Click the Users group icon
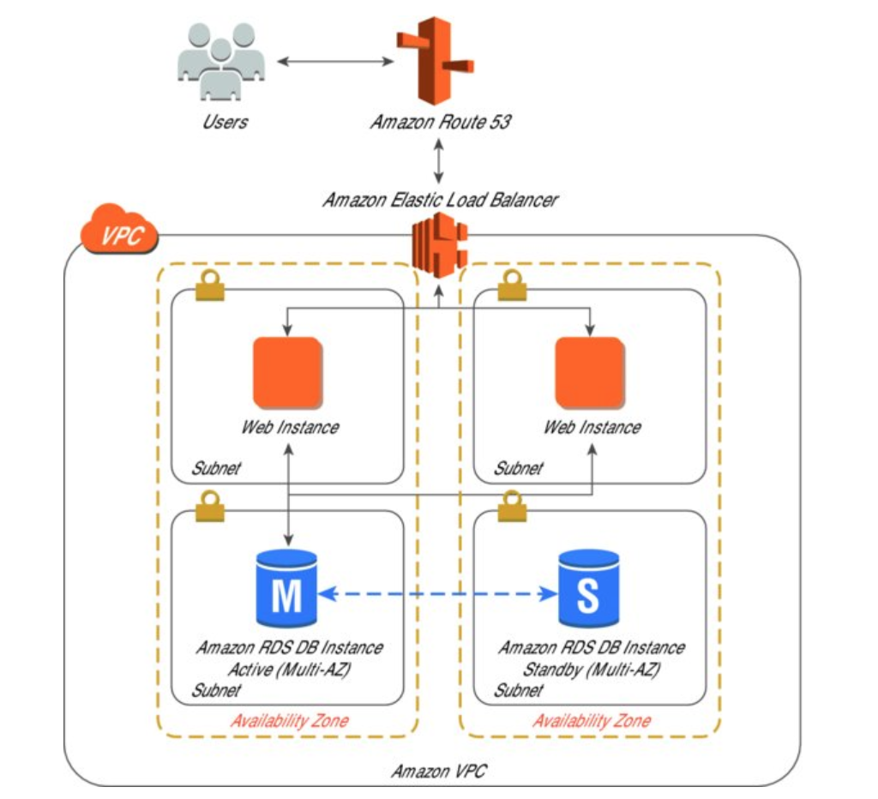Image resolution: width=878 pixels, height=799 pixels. click(220, 62)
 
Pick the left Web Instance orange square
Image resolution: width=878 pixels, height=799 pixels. click(287, 372)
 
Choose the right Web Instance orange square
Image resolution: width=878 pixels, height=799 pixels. click(589, 372)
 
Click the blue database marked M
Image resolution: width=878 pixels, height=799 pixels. click(286, 589)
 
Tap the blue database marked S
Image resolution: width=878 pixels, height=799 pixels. click(588, 589)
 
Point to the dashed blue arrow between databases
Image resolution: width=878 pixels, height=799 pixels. click(437, 592)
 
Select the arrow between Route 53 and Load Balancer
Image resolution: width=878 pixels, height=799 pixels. click(439, 161)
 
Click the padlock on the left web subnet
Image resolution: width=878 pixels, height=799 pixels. click(209, 286)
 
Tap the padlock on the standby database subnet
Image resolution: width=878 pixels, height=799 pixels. click(512, 505)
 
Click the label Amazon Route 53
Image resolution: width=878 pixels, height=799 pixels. click(440, 122)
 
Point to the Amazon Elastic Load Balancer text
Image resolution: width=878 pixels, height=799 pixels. click(440, 201)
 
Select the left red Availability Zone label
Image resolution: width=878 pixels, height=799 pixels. click(290, 720)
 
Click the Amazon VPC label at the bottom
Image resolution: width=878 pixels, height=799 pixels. click(439, 772)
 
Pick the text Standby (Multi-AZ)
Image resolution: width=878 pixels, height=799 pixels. click(592, 670)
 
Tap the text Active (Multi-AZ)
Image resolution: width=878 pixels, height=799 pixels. click(290, 670)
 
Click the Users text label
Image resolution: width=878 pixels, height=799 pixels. click(226, 122)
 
